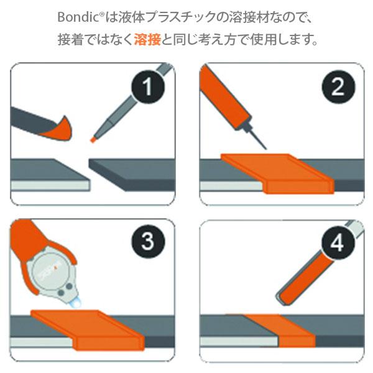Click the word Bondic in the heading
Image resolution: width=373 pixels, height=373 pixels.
pos(78,17)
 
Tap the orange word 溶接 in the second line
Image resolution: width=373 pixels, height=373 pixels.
pos(148,40)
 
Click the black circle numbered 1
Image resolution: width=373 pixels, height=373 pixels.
pos(148,87)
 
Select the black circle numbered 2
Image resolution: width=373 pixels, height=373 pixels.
pos(338,87)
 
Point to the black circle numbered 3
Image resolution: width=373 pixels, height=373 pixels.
pos(148,241)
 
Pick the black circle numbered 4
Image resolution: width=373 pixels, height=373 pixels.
pos(338,242)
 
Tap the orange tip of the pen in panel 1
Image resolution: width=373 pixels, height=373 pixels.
pos(93,139)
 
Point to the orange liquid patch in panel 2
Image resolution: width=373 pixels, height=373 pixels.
pos(277,173)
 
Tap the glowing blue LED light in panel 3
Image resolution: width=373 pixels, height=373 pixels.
pos(76,303)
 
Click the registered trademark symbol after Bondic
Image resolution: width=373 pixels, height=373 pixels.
pos(101,14)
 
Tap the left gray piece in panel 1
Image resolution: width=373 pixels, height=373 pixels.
pos(50,175)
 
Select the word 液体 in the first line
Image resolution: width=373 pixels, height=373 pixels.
pos(131,17)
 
